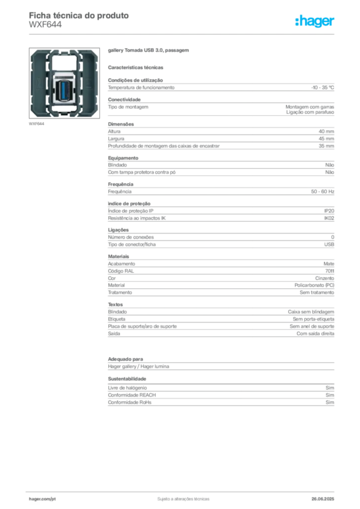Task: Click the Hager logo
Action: coord(314,21)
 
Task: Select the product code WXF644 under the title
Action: coord(45,25)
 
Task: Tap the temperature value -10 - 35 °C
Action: coord(322,87)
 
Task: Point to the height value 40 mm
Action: coord(326,131)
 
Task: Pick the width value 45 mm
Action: coord(326,139)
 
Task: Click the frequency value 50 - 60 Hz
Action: coord(322,191)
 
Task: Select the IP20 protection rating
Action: coord(329,211)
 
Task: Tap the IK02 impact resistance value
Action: coord(329,218)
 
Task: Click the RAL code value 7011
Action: coord(330,271)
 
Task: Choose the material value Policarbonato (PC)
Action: coord(314,285)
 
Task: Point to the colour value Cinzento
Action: coord(325,278)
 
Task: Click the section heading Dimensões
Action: coord(121,124)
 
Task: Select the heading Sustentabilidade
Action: coord(127,379)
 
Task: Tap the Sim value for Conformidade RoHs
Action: coord(330,403)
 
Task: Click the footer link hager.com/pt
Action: coord(42,499)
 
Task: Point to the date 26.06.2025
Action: coord(323,499)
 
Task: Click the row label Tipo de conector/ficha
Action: coord(132,245)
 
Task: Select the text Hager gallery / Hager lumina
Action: coord(139,366)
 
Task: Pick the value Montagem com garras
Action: coord(310,107)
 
